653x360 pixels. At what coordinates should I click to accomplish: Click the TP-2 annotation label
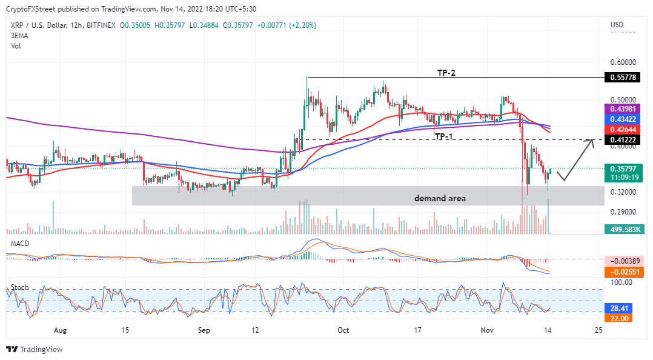coord(446,73)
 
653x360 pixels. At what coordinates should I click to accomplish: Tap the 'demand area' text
coord(440,198)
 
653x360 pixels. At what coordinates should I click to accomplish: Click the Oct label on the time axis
coord(343,330)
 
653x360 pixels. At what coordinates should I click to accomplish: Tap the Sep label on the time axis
coord(204,330)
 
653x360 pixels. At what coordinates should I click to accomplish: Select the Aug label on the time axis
coord(59,330)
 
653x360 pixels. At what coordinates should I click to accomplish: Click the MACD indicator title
coord(21,243)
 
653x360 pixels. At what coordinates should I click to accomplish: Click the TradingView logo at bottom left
coord(35,350)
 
